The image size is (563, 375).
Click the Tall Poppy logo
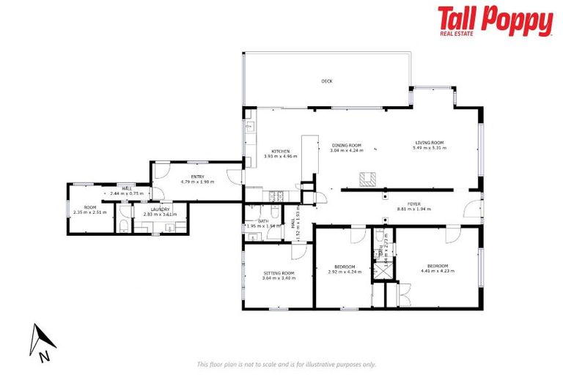pyautogui.click(x=495, y=21)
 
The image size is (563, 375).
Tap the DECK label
pyautogui.click(x=327, y=81)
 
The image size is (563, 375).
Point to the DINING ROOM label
pyautogui.click(x=347, y=145)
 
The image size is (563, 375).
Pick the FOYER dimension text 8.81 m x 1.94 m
pyautogui.click(x=414, y=209)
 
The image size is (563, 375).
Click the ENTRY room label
pyautogui.click(x=197, y=176)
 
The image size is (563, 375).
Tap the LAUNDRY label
pyautogui.click(x=160, y=209)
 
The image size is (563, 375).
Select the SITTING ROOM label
pyautogui.click(x=279, y=273)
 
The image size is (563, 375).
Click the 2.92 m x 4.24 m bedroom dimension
pyautogui.click(x=345, y=272)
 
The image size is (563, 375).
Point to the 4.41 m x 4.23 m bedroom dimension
pyautogui.click(x=438, y=272)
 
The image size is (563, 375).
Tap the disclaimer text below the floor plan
pyautogui.click(x=286, y=364)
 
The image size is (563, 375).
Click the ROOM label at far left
pyautogui.click(x=89, y=207)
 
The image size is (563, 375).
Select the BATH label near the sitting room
pyautogui.click(x=262, y=221)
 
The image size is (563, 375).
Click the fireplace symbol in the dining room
pyautogui.click(x=368, y=178)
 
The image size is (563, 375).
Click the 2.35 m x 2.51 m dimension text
pyautogui.click(x=89, y=212)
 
